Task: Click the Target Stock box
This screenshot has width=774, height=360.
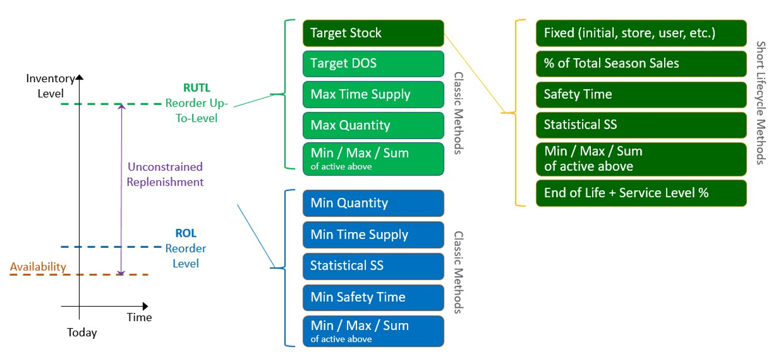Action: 373,33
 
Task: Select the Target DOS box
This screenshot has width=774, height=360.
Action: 373,63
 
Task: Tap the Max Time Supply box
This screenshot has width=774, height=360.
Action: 373,94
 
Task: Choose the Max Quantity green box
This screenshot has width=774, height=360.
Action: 373,125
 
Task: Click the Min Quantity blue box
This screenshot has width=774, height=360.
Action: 373,203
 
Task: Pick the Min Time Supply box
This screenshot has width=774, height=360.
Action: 373,234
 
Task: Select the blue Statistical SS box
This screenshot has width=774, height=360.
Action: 373,265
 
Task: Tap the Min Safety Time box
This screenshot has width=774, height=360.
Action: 373,297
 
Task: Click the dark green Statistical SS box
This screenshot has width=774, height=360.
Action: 641,125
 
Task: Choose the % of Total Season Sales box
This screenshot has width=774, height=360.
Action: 641,63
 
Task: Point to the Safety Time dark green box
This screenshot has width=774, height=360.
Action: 641,94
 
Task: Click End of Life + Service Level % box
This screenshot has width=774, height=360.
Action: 641,193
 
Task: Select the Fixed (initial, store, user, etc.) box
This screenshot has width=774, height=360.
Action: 641,33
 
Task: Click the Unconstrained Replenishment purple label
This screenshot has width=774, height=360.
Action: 165,174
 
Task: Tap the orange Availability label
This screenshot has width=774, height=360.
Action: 38,267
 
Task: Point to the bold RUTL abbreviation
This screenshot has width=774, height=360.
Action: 196,89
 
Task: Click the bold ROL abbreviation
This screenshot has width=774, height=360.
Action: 186,234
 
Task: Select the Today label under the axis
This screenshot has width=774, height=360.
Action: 82,333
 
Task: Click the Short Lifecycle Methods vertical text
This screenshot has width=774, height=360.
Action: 760,103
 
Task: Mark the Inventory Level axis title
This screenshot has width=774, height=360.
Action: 51,86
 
